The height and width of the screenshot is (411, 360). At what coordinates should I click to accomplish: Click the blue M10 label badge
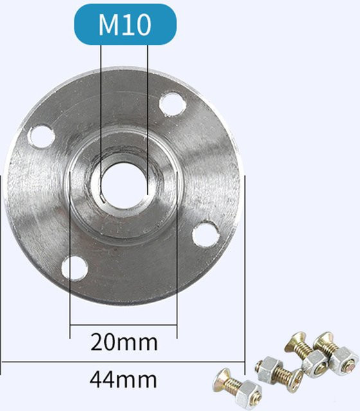click(125, 24)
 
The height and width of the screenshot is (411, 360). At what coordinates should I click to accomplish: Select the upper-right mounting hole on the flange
click(173, 104)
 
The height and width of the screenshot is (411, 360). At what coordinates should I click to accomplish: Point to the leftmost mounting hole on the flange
click(41, 137)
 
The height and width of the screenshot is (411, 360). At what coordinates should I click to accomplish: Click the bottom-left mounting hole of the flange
click(75, 268)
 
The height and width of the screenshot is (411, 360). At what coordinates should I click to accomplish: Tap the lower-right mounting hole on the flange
click(206, 234)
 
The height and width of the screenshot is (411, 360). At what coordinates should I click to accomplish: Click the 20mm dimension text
click(124, 342)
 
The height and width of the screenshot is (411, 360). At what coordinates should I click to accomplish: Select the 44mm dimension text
click(123, 379)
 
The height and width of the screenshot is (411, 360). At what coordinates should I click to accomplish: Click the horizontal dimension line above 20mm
click(123, 325)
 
